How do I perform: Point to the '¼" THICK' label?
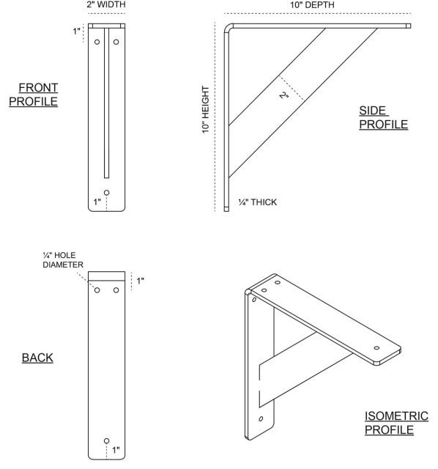coord(258,202)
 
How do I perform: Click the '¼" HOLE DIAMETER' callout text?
coord(63,259)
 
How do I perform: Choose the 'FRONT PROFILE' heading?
coord(34,95)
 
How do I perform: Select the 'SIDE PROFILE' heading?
coord(383,117)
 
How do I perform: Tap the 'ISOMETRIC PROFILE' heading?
coord(389,423)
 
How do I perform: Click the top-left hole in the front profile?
coord(97,42)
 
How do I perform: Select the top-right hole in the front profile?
coord(116,42)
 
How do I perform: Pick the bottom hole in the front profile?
coord(107,192)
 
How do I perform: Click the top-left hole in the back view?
coord(97,290)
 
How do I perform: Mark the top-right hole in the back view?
coord(116,290)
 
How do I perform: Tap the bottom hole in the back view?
coord(107,440)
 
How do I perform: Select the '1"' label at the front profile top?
coord(77,32)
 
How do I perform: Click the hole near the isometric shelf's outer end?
coord(376,348)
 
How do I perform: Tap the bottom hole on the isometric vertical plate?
coord(261,418)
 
